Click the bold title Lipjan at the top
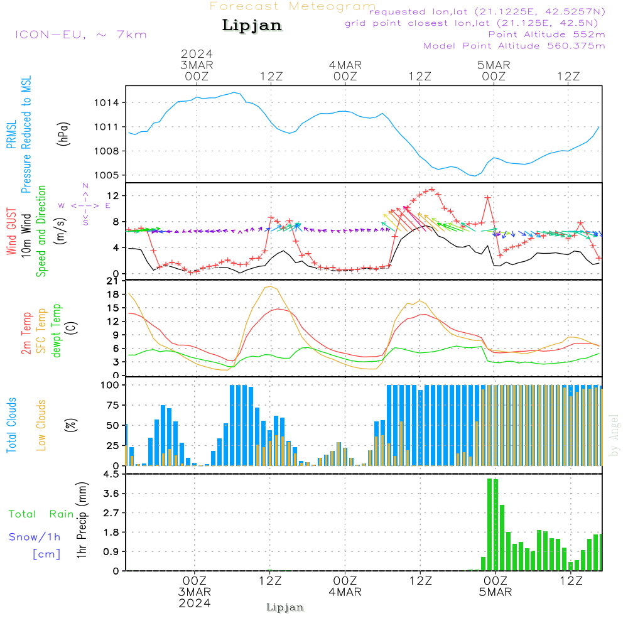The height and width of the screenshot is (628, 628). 252,26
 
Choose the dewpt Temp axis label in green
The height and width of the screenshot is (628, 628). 57,331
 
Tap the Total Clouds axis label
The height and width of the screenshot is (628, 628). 11,425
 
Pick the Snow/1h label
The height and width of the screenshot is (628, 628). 35,537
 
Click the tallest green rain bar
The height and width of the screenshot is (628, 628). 490,524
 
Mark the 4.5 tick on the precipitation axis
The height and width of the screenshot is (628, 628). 111,474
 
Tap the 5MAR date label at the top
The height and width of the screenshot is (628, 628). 494,65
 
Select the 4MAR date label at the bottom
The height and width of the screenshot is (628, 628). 345,592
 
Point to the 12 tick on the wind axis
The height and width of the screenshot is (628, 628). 116,196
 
